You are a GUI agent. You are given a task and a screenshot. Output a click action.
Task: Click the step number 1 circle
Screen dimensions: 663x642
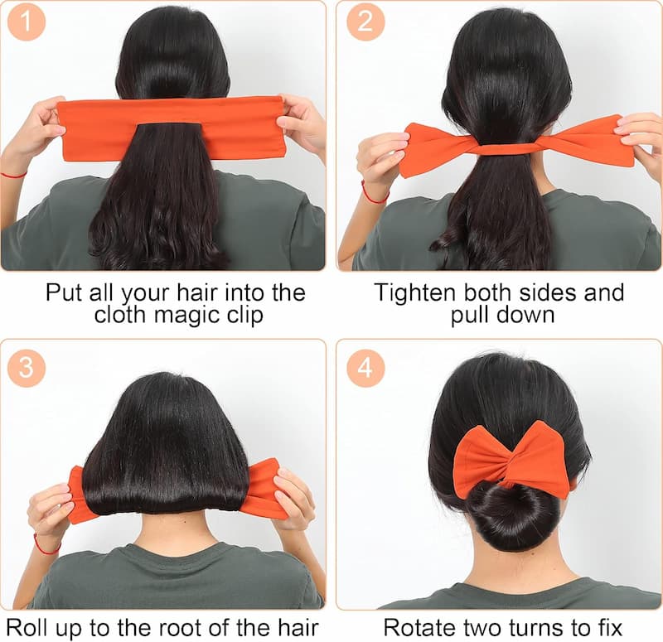pyautogui.click(x=27, y=22)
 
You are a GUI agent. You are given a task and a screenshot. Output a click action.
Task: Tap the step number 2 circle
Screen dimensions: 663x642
pyautogui.click(x=365, y=22)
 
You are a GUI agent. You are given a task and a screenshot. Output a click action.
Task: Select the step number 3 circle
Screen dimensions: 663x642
pyautogui.click(x=27, y=367)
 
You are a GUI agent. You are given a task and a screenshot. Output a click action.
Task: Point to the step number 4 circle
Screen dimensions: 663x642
pyautogui.click(x=365, y=367)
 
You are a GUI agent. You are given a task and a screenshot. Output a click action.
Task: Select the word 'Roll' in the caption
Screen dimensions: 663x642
pyautogui.click(x=27, y=628)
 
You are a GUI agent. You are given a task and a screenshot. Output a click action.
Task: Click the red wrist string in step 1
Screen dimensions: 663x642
pyautogui.click(x=13, y=176)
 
